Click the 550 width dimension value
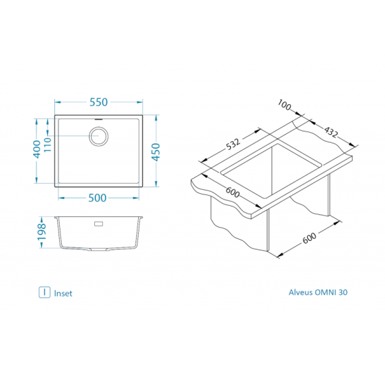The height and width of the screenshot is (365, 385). click(98, 102)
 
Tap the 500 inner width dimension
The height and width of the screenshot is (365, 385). click(97, 198)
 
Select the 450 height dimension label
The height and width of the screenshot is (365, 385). click(156, 152)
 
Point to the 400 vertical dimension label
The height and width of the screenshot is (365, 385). click(37, 149)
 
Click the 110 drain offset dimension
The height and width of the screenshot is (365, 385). click(47, 145)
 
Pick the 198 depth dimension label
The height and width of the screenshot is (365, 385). click(42, 232)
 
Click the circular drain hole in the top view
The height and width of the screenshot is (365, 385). click(98, 136)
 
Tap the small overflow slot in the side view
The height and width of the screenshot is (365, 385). click(99, 224)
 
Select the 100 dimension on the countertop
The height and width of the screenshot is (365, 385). click(284, 105)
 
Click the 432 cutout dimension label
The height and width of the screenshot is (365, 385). click(331, 132)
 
